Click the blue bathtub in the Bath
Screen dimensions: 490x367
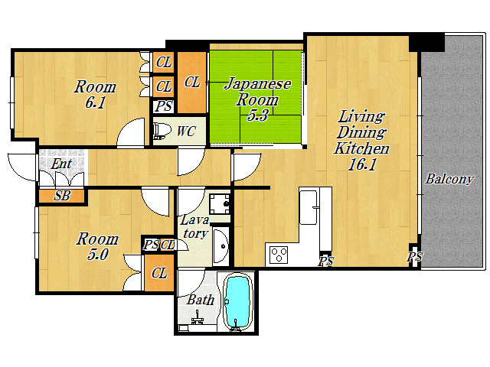tap(238, 302)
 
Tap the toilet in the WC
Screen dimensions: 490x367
tap(162, 131)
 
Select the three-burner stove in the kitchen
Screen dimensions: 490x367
tap(279, 255)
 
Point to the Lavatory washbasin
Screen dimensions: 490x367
tap(220, 246)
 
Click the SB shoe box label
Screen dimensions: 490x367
tap(62, 196)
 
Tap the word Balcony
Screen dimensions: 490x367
tap(449, 179)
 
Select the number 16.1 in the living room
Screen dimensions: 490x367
tap(362, 164)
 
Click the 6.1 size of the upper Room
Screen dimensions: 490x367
tap(95, 102)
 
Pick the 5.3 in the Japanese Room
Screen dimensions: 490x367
tap(257, 115)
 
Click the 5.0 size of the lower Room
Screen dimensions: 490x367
tap(97, 255)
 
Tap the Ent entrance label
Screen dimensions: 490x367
tap(61, 164)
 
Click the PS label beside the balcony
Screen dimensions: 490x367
tap(415, 257)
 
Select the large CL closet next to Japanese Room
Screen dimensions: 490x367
tap(192, 83)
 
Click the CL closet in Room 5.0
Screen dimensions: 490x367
tap(159, 274)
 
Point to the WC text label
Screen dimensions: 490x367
tap(186, 132)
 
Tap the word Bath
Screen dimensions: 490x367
tap(201, 300)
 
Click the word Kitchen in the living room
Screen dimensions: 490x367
tap(361, 148)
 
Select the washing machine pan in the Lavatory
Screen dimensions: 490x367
tap(220, 204)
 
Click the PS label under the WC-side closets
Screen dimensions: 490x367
tap(164, 106)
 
